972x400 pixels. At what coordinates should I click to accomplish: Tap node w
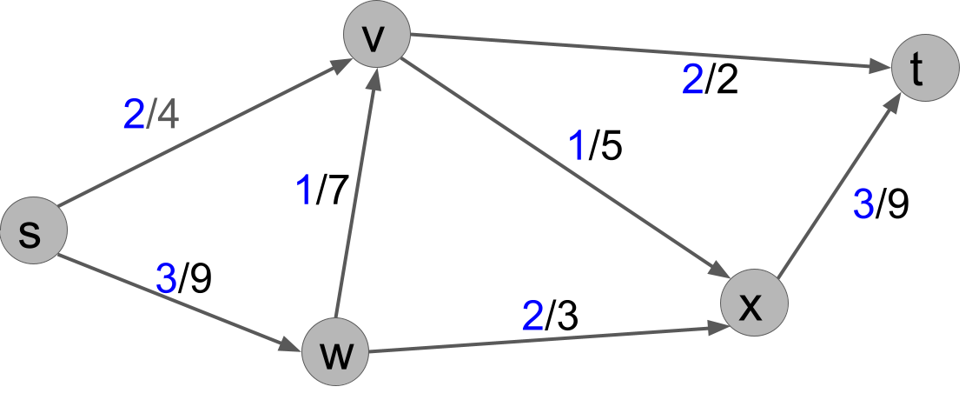334,354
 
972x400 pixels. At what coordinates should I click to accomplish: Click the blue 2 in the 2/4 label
134,115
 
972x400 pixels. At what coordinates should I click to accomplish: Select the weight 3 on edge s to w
166,279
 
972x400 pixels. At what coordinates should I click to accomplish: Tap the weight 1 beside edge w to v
303,191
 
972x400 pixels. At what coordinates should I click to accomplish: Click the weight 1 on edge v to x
576,147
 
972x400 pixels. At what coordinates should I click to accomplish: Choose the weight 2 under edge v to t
692,81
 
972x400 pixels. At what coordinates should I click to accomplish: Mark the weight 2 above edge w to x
532,317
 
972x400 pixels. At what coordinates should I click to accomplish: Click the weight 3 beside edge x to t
863,205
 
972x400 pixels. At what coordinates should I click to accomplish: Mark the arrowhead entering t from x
894,103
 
